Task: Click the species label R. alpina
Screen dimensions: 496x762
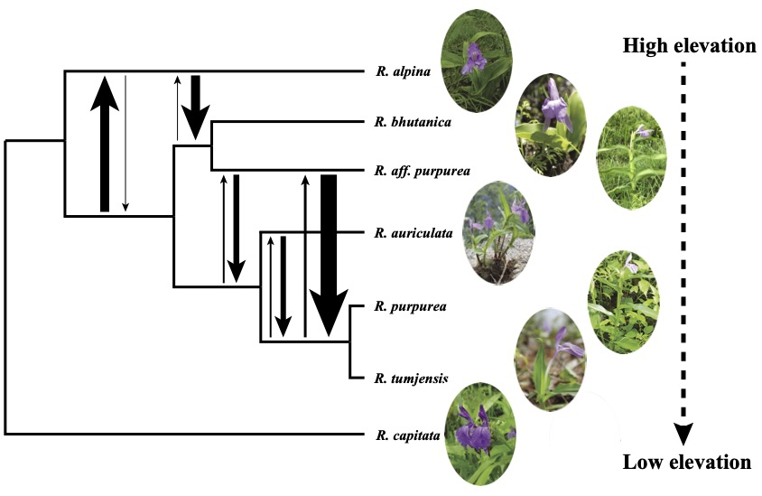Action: click(x=402, y=70)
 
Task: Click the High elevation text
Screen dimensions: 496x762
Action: click(x=689, y=45)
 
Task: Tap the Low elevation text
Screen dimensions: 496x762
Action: click(x=686, y=463)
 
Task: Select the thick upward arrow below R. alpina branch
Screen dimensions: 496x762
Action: click(x=106, y=145)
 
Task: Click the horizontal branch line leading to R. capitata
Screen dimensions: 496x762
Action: click(x=181, y=435)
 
